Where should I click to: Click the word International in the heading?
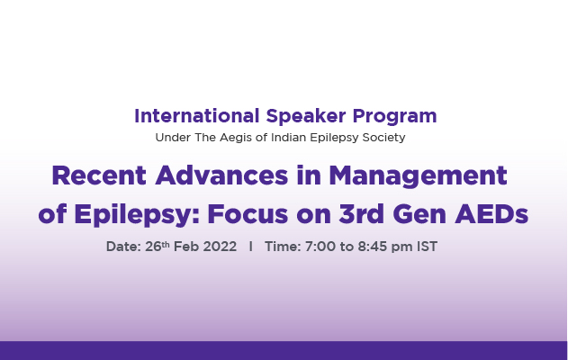click(197, 116)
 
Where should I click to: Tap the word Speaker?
click(306, 117)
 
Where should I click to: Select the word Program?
click(394, 117)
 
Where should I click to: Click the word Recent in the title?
click(99, 175)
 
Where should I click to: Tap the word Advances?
click(221, 175)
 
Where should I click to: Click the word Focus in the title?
click(248, 214)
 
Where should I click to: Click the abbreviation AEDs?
click(491, 214)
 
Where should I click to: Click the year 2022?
click(220, 247)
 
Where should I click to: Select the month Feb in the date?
click(186, 247)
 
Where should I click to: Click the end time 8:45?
click(373, 247)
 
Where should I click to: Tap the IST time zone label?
click(427, 247)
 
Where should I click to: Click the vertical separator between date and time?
click(250, 247)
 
